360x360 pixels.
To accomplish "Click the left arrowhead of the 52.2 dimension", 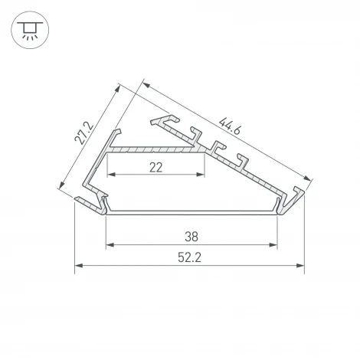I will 78,267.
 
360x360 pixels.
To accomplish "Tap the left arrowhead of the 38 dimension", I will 109,245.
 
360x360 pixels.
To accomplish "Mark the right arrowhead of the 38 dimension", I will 273,245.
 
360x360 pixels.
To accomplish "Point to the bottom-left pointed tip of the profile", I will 77,201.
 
